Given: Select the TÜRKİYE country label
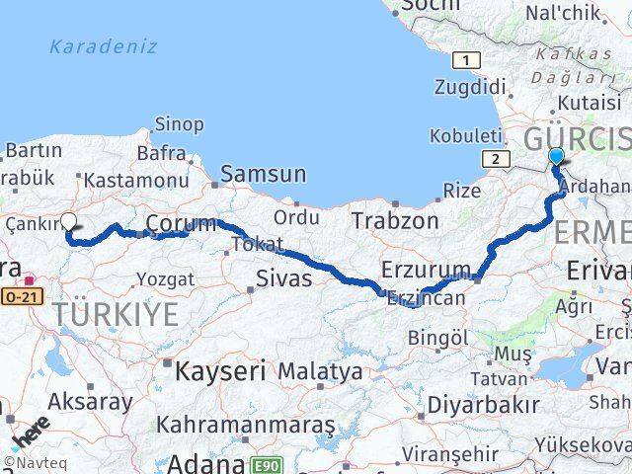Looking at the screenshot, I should pyautogui.click(x=118, y=316).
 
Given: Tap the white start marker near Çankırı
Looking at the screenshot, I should pyautogui.click(x=69, y=221).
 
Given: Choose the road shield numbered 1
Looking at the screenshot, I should pyautogui.click(x=462, y=61).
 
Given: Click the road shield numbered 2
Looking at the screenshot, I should pyautogui.click(x=492, y=158).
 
